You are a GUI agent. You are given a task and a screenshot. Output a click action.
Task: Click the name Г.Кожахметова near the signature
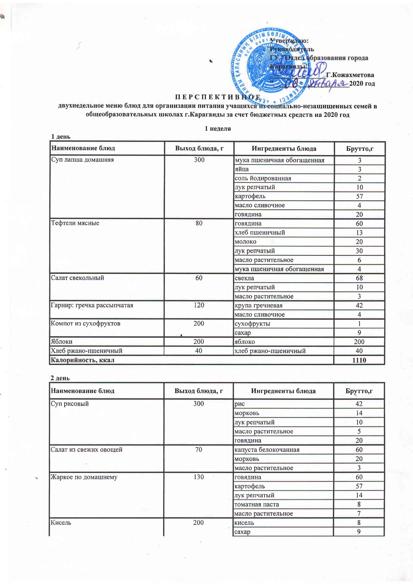point(350,75)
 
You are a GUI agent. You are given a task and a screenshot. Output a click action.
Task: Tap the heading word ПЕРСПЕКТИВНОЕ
point(218,97)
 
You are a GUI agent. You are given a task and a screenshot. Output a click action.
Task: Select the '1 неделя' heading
point(218,129)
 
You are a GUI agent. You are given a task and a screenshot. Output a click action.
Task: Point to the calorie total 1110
point(359,360)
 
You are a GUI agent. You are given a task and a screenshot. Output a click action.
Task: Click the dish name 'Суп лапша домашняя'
point(83,160)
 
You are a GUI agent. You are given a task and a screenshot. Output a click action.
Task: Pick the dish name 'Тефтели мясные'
point(75,223)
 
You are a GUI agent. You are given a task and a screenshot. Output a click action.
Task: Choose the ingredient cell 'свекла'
point(244,278)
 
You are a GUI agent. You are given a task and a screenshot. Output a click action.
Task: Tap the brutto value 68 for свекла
point(359,278)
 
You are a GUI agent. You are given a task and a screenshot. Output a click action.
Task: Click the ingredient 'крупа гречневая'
point(259,305)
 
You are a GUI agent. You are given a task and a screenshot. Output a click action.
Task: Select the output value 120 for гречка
point(199,305)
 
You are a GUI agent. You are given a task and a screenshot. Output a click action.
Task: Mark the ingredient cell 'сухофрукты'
point(252,324)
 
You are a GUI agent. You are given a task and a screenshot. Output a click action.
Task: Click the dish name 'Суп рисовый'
point(70,404)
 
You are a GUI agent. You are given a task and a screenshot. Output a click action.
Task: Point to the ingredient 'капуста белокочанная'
point(267,450)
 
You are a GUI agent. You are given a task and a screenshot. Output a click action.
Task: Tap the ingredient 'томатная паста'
point(257,504)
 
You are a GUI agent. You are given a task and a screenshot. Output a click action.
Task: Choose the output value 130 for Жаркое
point(199,477)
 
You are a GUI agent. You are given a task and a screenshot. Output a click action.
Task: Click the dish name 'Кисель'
point(61,523)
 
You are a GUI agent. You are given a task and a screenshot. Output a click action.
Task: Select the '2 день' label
point(60,378)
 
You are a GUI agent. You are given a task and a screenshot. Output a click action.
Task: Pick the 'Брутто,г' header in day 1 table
point(360,149)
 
